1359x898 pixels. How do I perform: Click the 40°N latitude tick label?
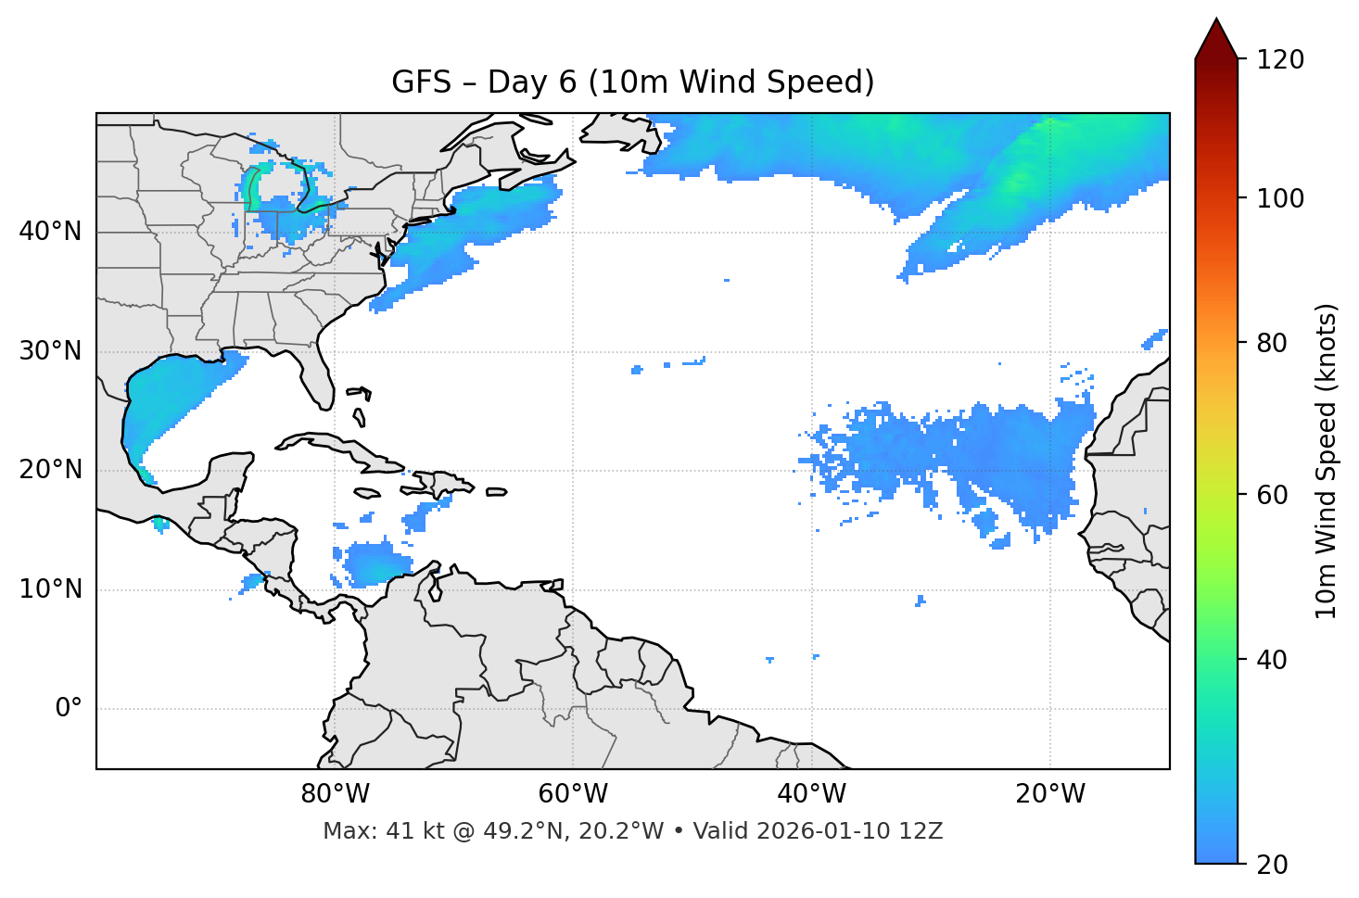[50, 232]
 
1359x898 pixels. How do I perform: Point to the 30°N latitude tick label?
[50, 351]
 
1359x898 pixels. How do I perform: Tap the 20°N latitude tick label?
[50, 470]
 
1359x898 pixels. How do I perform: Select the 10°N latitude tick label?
[50, 589]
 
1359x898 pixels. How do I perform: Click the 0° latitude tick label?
[69, 709]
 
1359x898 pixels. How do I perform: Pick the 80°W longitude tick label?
[335, 794]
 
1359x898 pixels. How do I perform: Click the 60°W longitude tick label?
[573, 794]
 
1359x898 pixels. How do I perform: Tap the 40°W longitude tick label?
[811, 794]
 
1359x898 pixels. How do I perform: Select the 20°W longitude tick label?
[1049, 794]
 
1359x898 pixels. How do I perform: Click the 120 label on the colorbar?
[1279, 60]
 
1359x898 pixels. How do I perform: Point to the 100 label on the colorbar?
[1279, 198]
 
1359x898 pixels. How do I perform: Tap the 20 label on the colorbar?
[1273, 865]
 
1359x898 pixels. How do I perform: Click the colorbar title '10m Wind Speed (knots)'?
[1327, 461]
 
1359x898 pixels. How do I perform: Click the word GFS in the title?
[421, 82]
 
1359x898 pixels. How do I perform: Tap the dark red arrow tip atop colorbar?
[1216, 37]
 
